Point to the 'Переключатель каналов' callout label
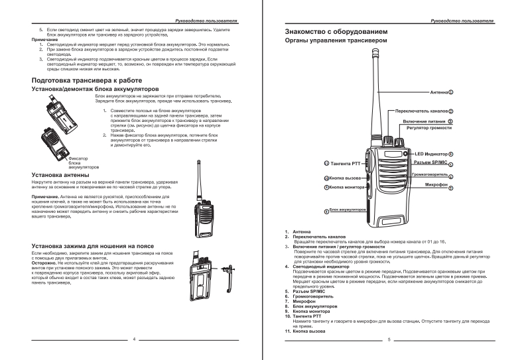[421, 111]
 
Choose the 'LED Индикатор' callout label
[427, 154]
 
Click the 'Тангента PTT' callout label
[344, 163]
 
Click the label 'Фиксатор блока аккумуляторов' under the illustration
[77, 163]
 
